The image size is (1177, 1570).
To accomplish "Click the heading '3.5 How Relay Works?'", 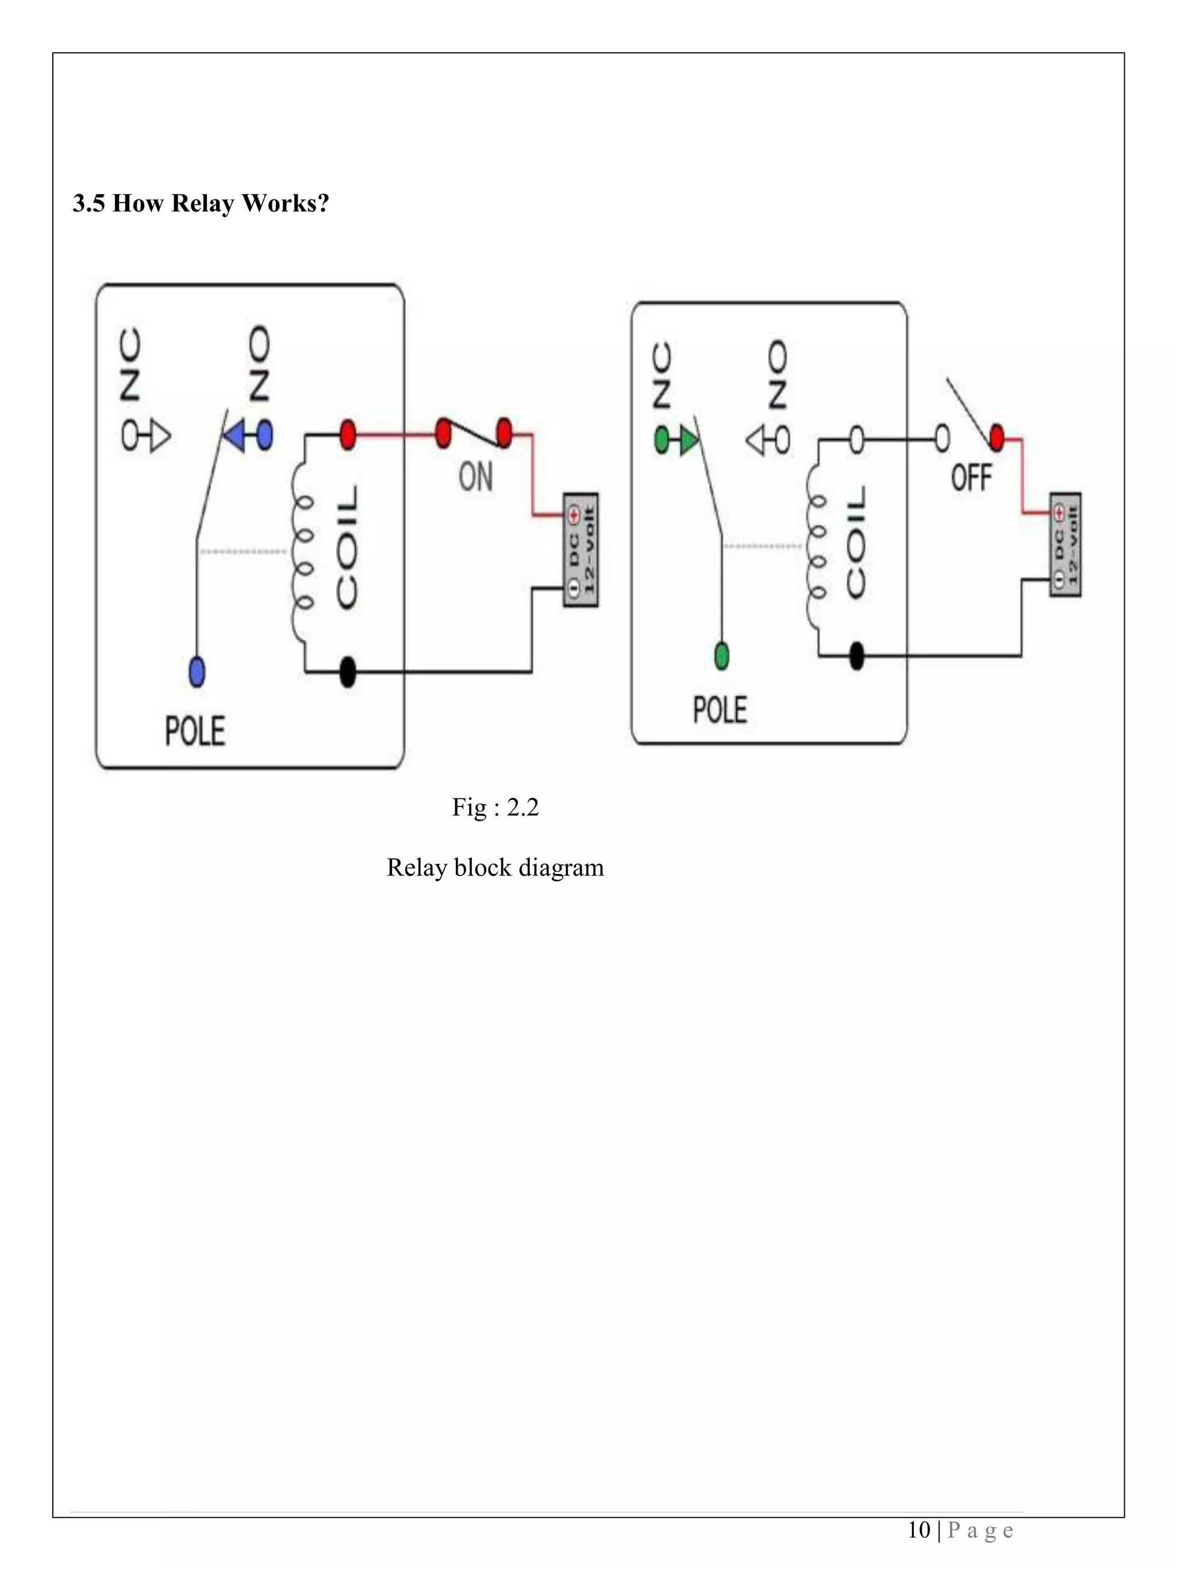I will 201,204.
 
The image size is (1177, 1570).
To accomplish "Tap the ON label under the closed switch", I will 475,477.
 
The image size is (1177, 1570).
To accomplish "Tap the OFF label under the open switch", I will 971,477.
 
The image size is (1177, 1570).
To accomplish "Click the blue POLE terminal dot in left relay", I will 197,671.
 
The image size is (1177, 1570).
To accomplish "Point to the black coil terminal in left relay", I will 348,671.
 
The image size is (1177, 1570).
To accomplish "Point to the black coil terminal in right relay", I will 856,656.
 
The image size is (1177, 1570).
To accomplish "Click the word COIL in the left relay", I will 348,548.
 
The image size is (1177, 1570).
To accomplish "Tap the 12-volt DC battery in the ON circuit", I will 580,550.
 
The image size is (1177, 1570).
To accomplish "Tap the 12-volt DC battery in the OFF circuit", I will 1065,544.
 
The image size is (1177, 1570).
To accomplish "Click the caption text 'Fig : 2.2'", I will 495,808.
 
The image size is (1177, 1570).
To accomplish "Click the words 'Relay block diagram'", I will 495,867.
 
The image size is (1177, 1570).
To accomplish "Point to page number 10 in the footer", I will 919,1530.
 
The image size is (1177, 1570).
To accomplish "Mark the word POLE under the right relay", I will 720,710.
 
